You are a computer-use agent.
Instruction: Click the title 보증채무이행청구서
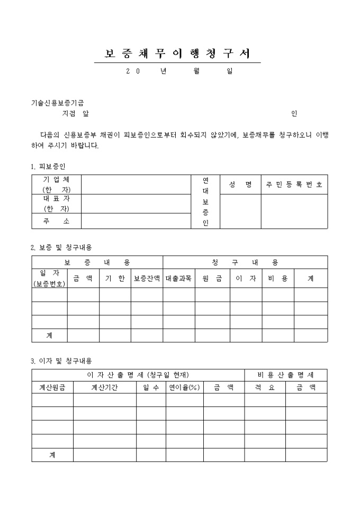[x=177, y=54]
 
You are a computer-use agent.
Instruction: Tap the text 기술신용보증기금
[x=57, y=103]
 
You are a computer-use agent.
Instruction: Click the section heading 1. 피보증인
[x=48, y=166]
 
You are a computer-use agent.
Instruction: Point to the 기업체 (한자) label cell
[x=56, y=184]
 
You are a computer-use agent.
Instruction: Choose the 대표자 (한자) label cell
[x=56, y=204]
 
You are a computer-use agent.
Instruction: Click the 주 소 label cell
[x=56, y=221]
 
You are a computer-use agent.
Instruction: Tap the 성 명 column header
[x=240, y=184]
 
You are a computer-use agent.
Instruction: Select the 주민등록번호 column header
[x=294, y=184]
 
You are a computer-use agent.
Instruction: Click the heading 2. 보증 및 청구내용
[x=61, y=247]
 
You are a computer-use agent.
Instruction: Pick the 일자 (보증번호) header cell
[x=49, y=278]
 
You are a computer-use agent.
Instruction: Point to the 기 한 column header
[x=115, y=278]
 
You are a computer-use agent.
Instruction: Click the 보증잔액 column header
[x=147, y=278]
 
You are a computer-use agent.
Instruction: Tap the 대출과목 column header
[x=178, y=278]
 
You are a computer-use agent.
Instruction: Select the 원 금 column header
[x=212, y=278]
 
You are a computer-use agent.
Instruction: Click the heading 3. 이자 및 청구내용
[x=61, y=361]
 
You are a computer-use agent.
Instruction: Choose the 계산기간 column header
[x=104, y=387]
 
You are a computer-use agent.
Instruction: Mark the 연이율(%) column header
[x=184, y=387]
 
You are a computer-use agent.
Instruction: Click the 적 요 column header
[x=265, y=387]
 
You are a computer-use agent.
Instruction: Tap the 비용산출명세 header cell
[x=285, y=375]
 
